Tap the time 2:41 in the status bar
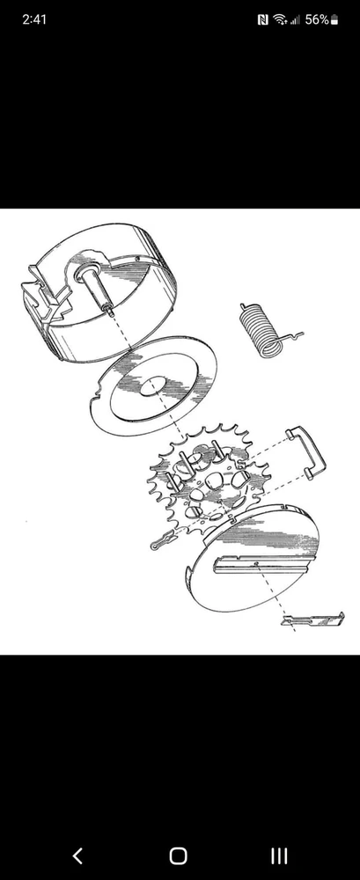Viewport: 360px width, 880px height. pyautogui.click(x=34, y=19)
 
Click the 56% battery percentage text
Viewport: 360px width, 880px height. pyautogui.click(x=317, y=19)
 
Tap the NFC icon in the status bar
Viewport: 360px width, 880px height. pyautogui.click(x=262, y=20)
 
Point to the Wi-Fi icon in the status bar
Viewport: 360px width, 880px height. pyautogui.click(x=280, y=20)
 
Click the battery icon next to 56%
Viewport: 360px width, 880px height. pyautogui.click(x=334, y=20)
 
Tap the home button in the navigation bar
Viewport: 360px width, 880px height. pyautogui.click(x=179, y=856)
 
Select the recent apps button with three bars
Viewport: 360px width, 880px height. pyautogui.click(x=279, y=856)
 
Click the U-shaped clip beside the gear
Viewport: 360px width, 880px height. pyautogui.click(x=307, y=451)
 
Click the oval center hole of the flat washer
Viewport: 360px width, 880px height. pyautogui.click(x=152, y=386)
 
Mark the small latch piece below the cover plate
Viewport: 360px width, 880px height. pyautogui.click(x=312, y=620)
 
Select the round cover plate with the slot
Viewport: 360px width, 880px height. pyautogui.click(x=252, y=555)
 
